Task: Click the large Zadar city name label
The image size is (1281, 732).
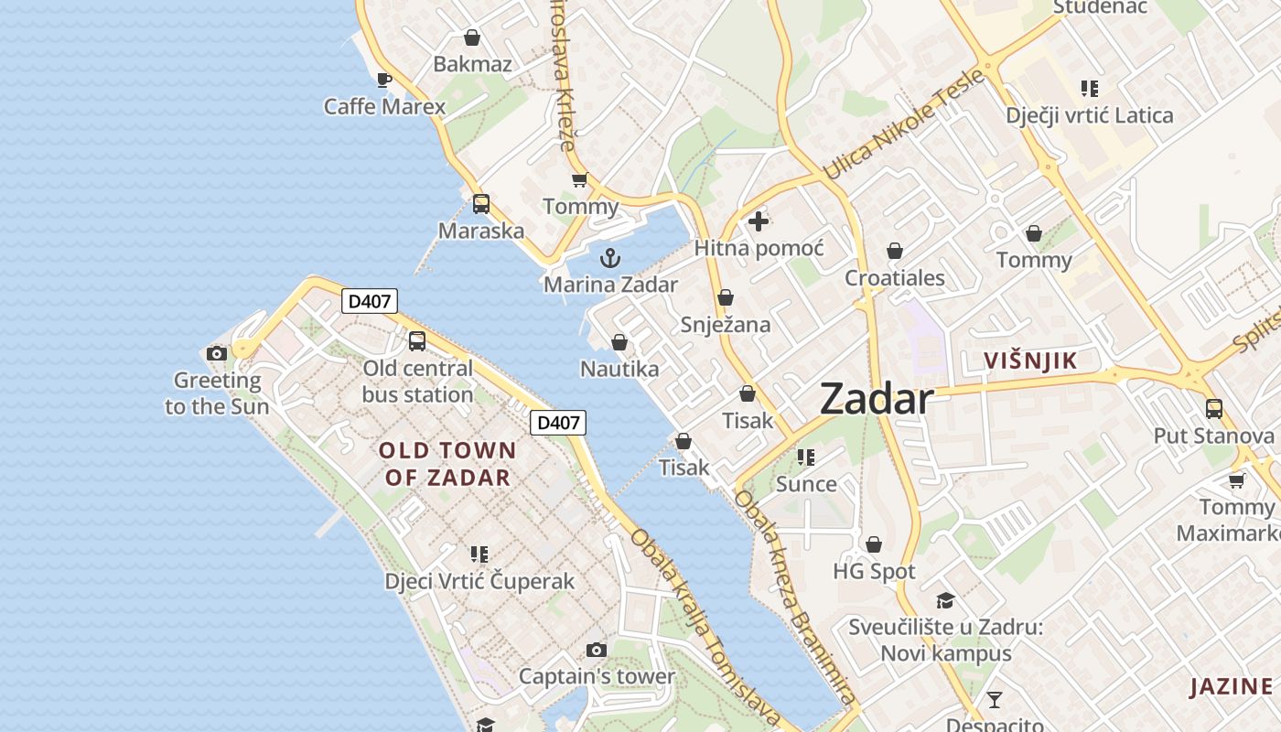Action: [876, 400]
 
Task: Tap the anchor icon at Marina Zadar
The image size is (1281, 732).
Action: [610, 258]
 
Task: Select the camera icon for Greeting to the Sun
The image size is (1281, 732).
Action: [217, 354]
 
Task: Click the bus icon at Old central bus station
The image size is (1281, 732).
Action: [417, 341]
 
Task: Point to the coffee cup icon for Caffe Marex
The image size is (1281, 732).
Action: [384, 80]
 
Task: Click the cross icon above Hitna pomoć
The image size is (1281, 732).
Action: [759, 221]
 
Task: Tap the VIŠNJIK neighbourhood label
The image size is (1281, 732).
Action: [1030, 361]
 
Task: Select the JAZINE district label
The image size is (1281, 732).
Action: [1231, 686]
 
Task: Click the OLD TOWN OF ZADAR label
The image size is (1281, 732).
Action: [447, 463]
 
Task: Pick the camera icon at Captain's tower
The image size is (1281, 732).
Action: [597, 651]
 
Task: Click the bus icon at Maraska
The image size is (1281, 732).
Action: [481, 204]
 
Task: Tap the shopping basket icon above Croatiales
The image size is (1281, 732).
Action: [895, 251]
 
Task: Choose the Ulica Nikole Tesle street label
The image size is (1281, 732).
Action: [903, 124]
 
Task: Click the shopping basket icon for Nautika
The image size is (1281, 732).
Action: [619, 342]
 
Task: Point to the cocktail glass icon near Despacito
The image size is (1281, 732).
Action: [995, 701]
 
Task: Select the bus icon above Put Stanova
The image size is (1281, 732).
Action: [1214, 408]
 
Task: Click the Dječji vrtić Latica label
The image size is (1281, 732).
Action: [1089, 115]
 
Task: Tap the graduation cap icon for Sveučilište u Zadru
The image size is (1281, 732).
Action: [945, 600]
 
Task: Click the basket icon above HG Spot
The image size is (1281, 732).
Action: [874, 544]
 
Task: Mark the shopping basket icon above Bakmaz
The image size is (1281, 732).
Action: [472, 38]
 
